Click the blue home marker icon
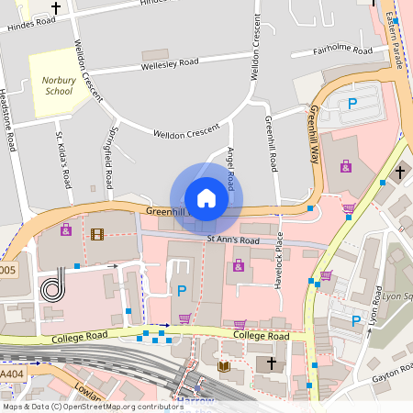[x=206, y=198]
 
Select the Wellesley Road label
[x=170, y=64]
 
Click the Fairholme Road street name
[x=344, y=50]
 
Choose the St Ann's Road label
[x=233, y=241]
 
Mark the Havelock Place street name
[x=279, y=266]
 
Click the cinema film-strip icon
[x=97, y=233]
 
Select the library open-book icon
[x=223, y=366]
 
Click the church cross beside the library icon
[x=271, y=364]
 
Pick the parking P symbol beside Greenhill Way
[x=352, y=105]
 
